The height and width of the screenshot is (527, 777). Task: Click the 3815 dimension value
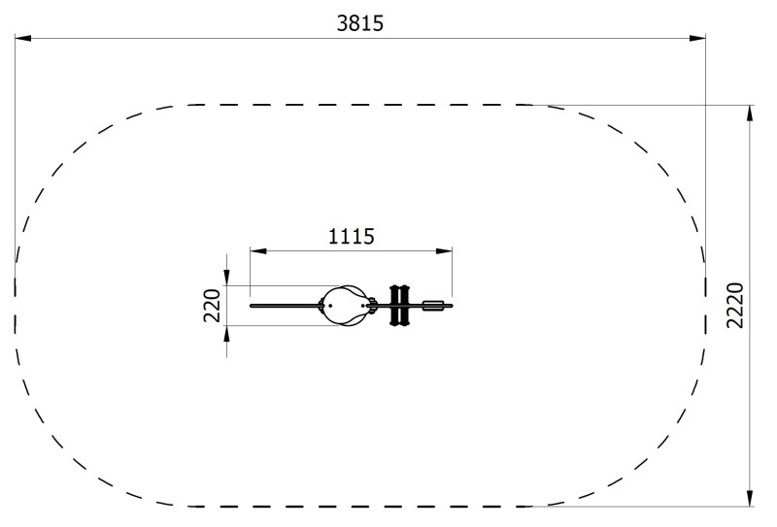pos(359,23)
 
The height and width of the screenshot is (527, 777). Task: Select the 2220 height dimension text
pos(735,305)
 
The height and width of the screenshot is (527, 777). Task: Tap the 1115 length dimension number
pos(352,236)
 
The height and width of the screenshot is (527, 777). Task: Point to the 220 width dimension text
pos(212,306)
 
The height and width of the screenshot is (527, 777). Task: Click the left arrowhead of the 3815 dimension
pos(22,38)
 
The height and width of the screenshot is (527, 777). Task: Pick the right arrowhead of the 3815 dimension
pos(697,38)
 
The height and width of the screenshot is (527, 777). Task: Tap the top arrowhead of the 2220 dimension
pos(750,114)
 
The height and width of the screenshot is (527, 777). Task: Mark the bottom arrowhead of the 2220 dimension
pos(750,498)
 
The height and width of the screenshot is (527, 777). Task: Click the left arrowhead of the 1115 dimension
pos(258,251)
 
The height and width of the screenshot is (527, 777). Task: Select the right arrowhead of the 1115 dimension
pos(444,251)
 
